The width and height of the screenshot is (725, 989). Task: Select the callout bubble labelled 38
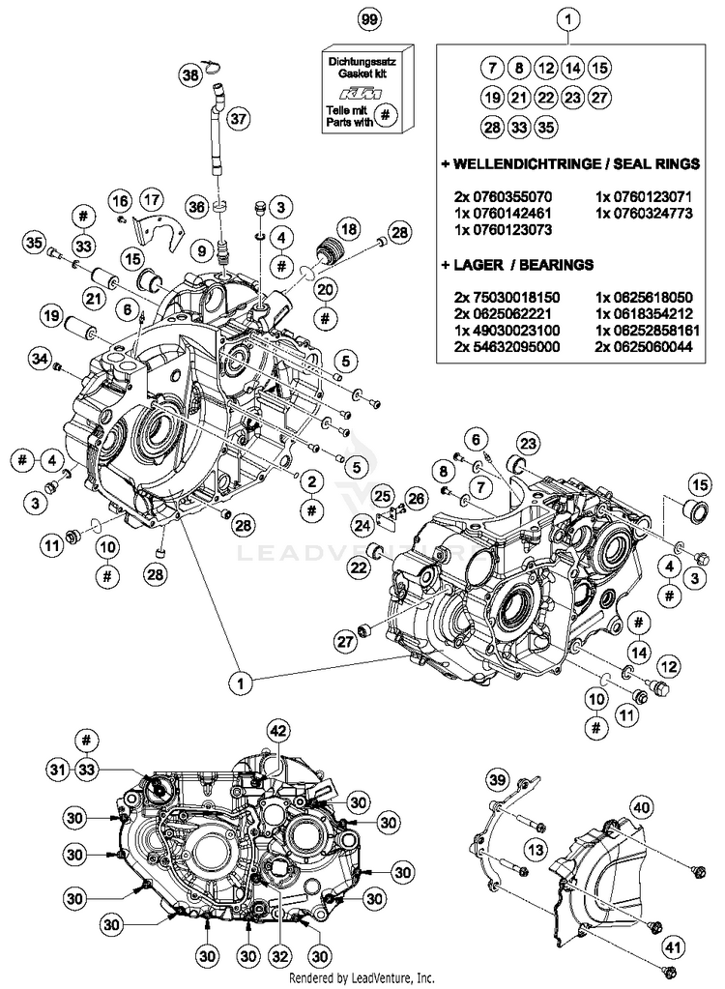190,74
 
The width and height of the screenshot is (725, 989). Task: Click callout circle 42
278,731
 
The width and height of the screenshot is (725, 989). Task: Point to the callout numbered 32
280,956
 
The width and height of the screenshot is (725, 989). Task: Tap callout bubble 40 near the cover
642,806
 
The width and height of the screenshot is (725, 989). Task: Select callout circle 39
496,781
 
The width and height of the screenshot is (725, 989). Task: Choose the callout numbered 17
153,200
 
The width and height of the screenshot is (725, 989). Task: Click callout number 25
384,494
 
